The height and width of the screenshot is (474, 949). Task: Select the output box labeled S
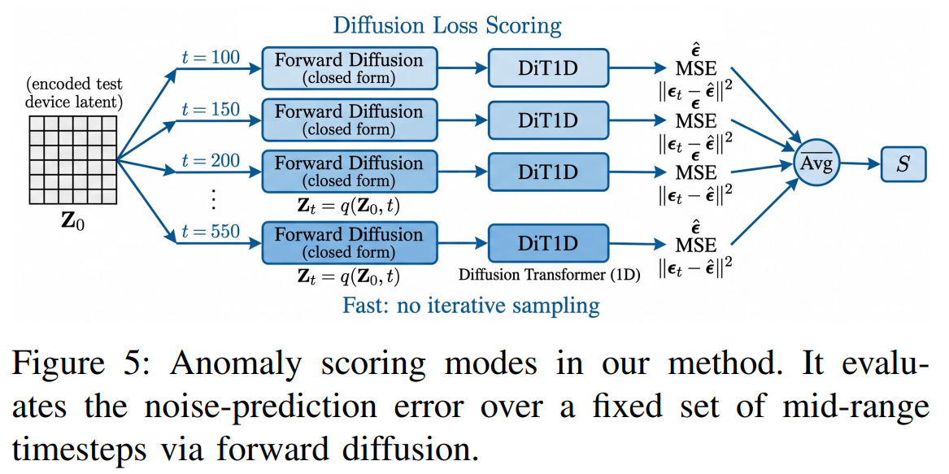click(903, 163)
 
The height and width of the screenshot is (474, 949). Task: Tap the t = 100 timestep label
click(211, 58)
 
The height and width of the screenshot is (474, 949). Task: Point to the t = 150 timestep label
click(211, 110)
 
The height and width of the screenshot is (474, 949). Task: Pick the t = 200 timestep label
click(211, 161)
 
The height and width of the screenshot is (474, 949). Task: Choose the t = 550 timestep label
click(211, 231)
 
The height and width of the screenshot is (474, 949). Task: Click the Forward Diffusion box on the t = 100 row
click(349, 68)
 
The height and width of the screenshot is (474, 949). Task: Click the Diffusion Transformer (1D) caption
click(550, 275)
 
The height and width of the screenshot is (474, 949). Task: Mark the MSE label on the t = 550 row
click(696, 246)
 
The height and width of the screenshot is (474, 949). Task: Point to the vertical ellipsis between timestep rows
click(213, 198)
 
